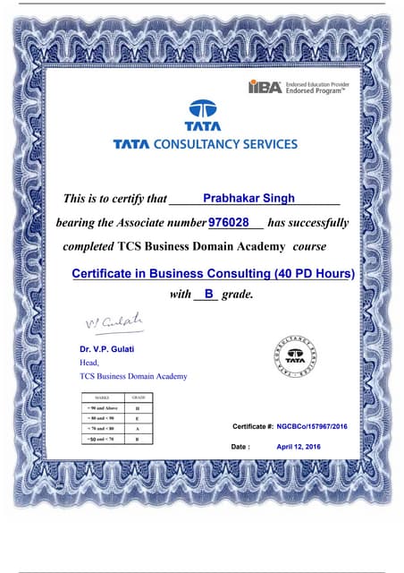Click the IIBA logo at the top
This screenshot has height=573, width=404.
pos(265,87)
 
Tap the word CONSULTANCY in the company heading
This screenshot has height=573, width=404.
pos(201,143)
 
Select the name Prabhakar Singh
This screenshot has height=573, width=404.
pos(247,197)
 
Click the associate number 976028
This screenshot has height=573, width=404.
pos(227,221)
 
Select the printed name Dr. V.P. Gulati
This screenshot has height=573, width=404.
pos(111,348)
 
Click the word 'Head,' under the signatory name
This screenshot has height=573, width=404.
pos(89,363)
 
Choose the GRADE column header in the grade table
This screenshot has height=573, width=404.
pos(139,397)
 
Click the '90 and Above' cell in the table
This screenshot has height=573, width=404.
pos(100,407)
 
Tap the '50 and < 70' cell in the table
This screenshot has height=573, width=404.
pos(100,440)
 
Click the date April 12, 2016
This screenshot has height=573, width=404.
pos(298,446)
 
